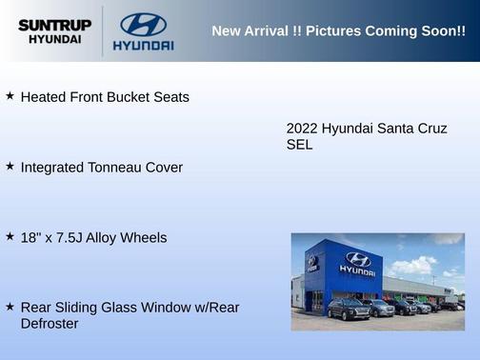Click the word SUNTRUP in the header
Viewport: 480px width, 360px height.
(54, 25)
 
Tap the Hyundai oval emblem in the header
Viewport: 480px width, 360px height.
(143, 25)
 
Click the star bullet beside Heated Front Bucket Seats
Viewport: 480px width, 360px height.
(10, 96)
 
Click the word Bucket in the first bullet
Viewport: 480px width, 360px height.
(131, 97)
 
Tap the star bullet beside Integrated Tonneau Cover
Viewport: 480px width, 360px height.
(10, 166)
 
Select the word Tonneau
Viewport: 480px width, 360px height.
(114, 168)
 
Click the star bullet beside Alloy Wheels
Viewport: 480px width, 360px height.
(10, 235)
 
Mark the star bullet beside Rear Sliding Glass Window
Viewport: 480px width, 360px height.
(10, 306)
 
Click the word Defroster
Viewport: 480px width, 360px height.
(50, 324)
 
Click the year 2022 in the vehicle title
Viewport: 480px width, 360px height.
(302, 129)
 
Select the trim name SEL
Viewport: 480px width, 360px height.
(299, 146)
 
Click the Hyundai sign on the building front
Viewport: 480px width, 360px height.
(356, 263)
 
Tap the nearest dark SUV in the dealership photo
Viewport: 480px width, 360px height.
(348, 309)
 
